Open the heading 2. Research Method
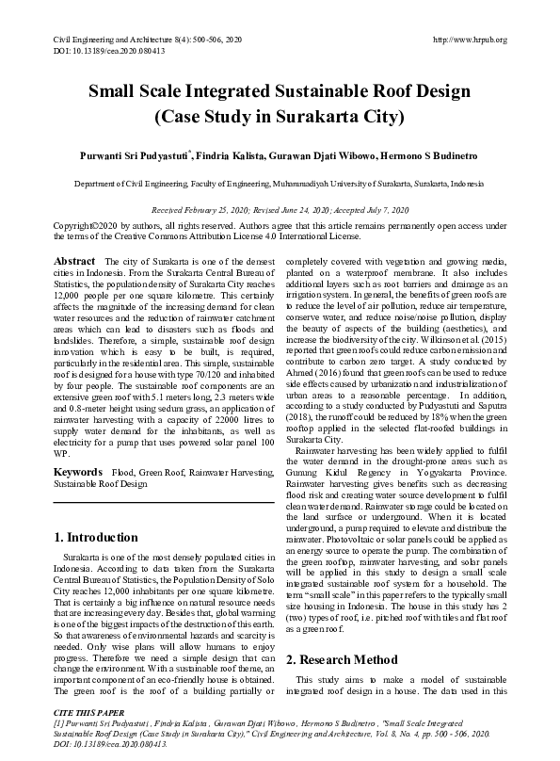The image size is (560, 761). [342, 659]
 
